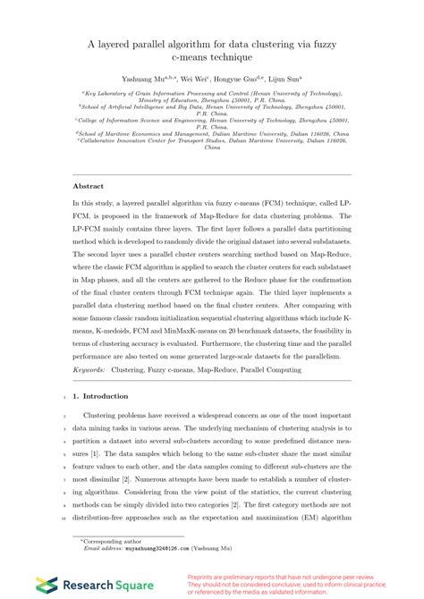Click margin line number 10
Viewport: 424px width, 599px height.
point(51,516)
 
